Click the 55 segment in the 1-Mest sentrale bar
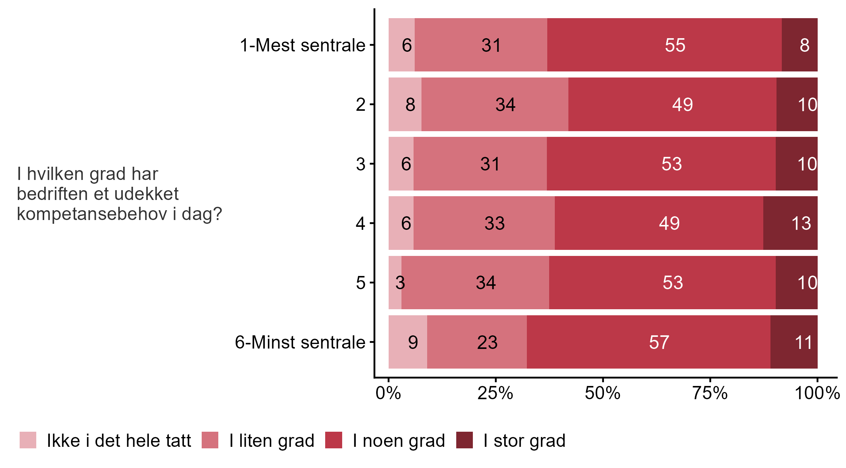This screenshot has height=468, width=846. pyautogui.click(x=664, y=45)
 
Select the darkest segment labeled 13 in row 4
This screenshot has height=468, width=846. pyautogui.click(x=790, y=223)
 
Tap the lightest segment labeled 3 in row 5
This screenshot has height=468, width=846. pyautogui.click(x=395, y=282)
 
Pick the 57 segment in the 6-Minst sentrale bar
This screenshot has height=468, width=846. pyautogui.click(x=648, y=342)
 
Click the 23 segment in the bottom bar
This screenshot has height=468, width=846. pyautogui.click(x=477, y=342)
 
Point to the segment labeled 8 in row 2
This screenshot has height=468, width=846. pyautogui.click(x=405, y=104)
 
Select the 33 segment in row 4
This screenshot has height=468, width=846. pyautogui.click(x=484, y=223)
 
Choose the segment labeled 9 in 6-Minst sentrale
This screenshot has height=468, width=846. pyautogui.click(x=408, y=342)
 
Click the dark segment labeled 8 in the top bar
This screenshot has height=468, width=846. pyautogui.click(x=799, y=45)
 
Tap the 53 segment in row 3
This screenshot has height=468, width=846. pyautogui.click(x=661, y=164)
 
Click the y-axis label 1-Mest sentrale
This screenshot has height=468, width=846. pyautogui.click(x=303, y=45)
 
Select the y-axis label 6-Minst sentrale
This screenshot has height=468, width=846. pyautogui.click(x=300, y=342)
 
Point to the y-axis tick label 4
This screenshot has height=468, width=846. pyautogui.click(x=360, y=223)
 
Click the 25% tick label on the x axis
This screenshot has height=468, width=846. pyautogui.click(x=495, y=394)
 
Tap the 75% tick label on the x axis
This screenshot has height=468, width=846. pyautogui.click(x=710, y=394)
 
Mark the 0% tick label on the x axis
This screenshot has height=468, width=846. pyautogui.click(x=388, y=394)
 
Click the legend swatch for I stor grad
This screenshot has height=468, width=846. pyautogui.click(x=464, y=440)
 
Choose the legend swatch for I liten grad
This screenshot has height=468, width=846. pyautogui.click(x=210, y=440)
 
